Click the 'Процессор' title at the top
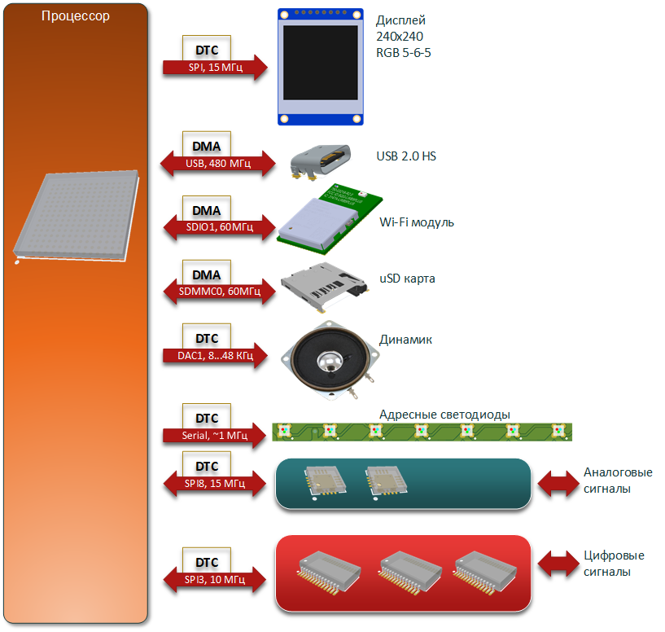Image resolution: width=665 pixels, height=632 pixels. (76, 16)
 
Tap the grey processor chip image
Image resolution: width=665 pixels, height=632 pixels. (77, 217)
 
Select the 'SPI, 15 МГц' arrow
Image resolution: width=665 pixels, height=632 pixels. (215, 68)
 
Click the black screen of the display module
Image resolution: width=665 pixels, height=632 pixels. (320, 63)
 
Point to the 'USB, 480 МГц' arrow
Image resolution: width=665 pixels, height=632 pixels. (217, 164)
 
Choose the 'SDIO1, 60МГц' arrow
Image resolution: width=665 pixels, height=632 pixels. (219, 227)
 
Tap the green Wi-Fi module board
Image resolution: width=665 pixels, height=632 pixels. (330, 219)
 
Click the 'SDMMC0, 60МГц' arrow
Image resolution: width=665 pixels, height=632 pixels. (219, 292)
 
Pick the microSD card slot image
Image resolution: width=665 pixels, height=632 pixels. (324, 287)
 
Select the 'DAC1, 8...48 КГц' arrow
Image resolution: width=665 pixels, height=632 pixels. (215, 355)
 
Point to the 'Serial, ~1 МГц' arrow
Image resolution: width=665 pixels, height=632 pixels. (215, 435)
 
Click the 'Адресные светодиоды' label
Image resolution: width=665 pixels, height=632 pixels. (444, 415)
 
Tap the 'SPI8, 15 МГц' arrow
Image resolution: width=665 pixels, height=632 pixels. (215, 483)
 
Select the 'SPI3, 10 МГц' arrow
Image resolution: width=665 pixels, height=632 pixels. (215, 579)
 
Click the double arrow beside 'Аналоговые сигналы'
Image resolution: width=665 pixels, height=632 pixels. (558, 483)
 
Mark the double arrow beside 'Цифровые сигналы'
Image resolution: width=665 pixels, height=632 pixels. (558, 564)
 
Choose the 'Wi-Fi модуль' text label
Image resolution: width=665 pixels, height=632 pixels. (417, 222)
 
